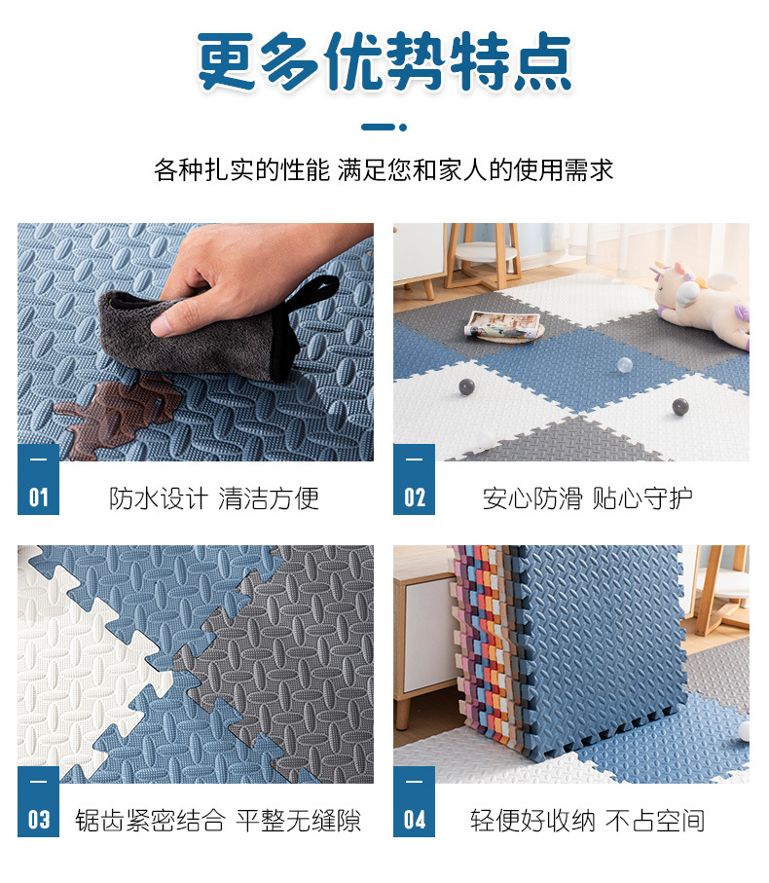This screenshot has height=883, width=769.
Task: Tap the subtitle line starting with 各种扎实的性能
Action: coord(384,170)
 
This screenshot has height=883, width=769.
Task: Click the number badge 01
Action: coord(38,497)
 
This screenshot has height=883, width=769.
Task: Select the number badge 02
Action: coord(415,497)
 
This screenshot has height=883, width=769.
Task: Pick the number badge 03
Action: coord(38,819)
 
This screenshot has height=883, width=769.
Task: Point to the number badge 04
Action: coord(415,819)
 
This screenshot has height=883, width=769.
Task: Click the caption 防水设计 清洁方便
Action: coord(214,498)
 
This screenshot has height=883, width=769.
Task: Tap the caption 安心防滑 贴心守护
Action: coord(588,498)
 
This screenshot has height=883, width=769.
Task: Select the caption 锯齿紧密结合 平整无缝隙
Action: coord(218,820)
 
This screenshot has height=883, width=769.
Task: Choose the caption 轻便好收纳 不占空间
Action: coord(587,820)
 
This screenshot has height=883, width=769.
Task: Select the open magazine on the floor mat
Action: coord(504,324)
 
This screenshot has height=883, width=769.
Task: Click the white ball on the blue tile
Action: coord(624,365)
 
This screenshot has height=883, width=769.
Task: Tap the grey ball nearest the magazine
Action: coord(466,386)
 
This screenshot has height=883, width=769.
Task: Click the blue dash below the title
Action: coord(384,127)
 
